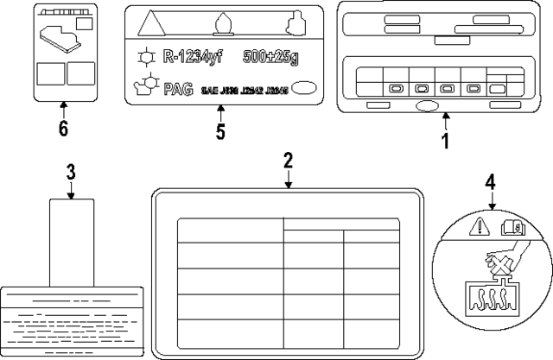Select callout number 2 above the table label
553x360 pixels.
point(288,160)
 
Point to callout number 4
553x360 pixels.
point(490,182)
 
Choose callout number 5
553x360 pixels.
point(220,131)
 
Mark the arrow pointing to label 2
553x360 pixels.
point(288,179)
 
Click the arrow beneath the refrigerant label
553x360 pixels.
point(220,111)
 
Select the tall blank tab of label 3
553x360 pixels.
point(71,242)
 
